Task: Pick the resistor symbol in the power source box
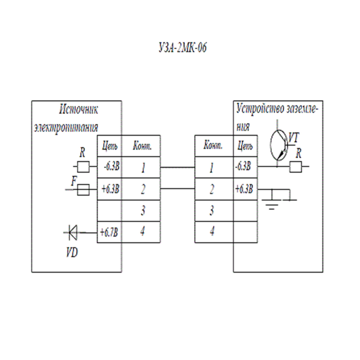coord(83,167)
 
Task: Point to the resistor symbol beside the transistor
coord(296,167)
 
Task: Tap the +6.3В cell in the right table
coord(245,189)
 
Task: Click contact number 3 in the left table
coord(143,211)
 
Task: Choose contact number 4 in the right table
coord(212,232)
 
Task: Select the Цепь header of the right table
coord(245,146)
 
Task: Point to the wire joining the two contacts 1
coord(177,167)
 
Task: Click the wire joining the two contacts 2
coord(177,189)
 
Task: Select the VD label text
coord(71,253)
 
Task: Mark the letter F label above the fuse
coord(73,181)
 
